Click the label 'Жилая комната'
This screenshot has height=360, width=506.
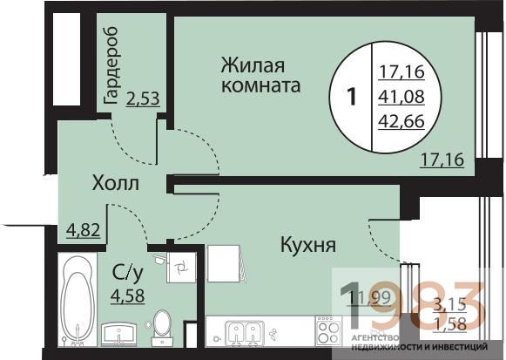pyautogui.click(x=260, y=76)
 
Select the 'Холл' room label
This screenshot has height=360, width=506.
pyautogui.click(x=116, y=184)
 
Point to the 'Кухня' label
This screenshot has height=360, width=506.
pyautogui.click(x=308, y=246)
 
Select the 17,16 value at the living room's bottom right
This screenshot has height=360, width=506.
pyautogui.click(x=442, y=160)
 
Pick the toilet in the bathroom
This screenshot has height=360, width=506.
pyautogui.click(x=161, y=326)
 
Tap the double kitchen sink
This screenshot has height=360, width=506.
pyautogui.click(x=240, y=332)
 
